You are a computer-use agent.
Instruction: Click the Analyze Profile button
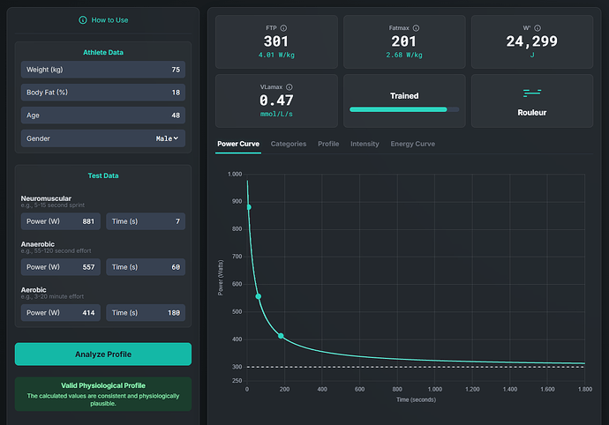[103, 354]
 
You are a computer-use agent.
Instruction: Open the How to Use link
[103, 20]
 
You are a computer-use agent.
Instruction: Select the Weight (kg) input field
[103, 70]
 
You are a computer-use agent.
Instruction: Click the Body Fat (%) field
[103, 93]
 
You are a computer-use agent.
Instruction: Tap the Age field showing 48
[103, 116]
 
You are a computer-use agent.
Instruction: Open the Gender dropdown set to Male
[103, 138]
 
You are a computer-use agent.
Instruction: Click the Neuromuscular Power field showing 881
[61, 221]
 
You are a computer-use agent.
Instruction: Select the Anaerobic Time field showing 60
[146, 267]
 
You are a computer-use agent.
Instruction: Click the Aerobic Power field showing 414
[61, 313]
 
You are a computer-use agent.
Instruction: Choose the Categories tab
[289, 144]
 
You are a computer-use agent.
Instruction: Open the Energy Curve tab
[413, 144]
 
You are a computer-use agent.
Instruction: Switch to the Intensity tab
[365, 144]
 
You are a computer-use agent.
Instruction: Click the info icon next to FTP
[283, 28]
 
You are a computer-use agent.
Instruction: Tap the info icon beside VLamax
[289, 87]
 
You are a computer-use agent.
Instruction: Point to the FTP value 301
[276, 41]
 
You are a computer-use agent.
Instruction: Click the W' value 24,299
[531, 41]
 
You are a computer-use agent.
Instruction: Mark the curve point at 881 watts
[249, 207]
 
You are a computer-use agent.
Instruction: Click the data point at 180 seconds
[281, 336]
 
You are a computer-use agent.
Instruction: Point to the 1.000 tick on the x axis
[435, 390]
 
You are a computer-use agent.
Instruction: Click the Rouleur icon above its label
[532, 93]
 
